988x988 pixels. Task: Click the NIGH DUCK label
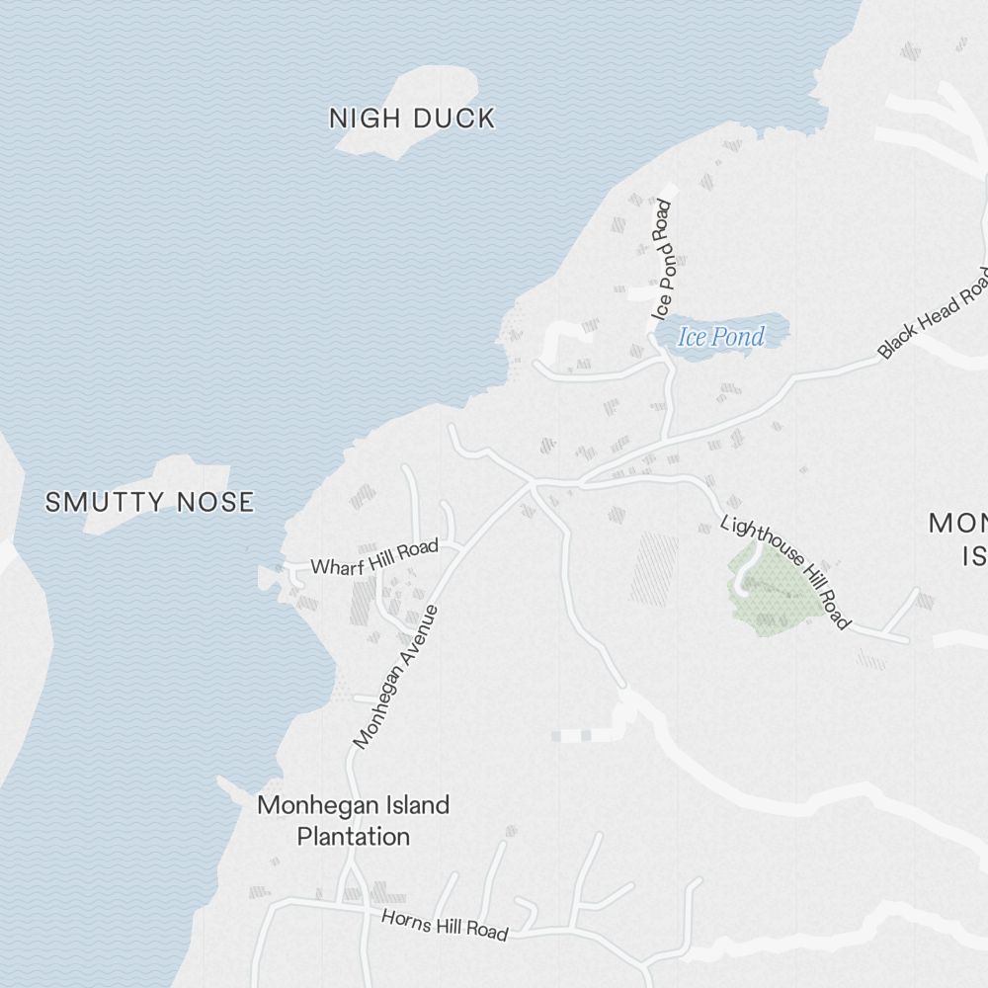[411, 119]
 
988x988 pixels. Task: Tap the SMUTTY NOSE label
[149, 502]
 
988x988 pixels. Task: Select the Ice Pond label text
[721, 337]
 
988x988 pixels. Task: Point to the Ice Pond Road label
[662, 259]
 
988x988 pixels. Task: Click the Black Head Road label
[933, 313]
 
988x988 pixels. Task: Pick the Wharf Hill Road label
[374, 558]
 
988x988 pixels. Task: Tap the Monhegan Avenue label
[395, 677]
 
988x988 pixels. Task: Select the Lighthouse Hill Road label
[785, 571]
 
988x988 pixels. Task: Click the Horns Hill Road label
[445, 925]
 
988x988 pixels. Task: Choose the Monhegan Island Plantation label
[354, 820]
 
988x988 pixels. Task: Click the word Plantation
[354, 837]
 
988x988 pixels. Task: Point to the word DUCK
[454, 119]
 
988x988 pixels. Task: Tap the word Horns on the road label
[403, 918]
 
